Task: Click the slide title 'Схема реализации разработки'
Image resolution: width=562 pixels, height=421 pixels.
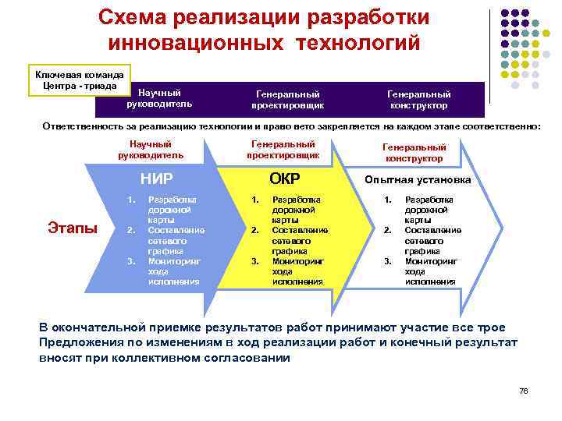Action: pyautogui.click(x=265, y=17)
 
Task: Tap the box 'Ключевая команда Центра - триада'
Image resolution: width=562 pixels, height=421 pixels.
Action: pyautogui.click(x=77, y=80)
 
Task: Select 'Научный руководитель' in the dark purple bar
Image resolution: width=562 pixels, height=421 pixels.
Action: pyautogui.click(x=159, y=98)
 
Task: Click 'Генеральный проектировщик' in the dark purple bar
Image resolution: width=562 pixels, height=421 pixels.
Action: pyautogui.click(x=287, y=99)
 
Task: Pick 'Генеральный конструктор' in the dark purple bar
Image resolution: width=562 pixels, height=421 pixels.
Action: pyautogui.click(x=418, y=99)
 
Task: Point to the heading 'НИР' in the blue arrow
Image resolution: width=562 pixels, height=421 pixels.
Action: pyautogui.click(x=156, y=179)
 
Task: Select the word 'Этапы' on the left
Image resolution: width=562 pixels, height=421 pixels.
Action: pyautogui.click(x=73, y=228)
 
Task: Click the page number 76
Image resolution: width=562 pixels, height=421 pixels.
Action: pyautogui.click(x=523, y=391)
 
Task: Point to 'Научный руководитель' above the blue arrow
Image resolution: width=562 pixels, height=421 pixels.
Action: pyautogui.click(x=151, y=149)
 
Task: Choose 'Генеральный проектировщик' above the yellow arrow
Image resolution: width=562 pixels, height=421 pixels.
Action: pyautogui.click(x=282, y=149)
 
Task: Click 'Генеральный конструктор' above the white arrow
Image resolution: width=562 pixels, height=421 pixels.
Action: pyautogui.click(x=414, y=152)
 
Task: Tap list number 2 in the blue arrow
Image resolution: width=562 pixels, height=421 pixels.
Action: pyautogui.click(x=130, y=231)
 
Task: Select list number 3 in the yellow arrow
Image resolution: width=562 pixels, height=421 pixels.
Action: pyautogui.click(x=254, y=261)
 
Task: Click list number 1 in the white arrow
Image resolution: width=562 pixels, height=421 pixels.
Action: pyautogui.click(x=386, y=200)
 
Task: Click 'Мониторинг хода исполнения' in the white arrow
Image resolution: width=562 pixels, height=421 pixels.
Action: pyautogui.click(x=430, y=271)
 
